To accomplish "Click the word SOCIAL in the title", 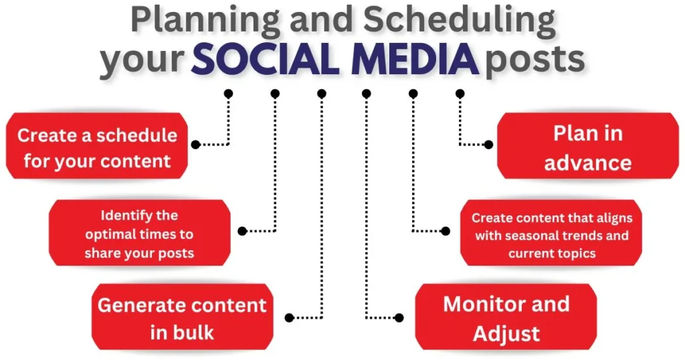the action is pyautogui.click(x=266, y=59).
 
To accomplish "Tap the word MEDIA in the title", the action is pyautogui.click(x=415, y=59).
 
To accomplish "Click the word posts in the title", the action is pyautogui.click(x=535, y=60).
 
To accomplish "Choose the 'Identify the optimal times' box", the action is pyautogui.click(x=139, y=233).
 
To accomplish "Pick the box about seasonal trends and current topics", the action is pyautogui.click(x=551, y=233).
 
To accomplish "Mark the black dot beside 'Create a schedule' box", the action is pyautogui.click(x=196, y=145).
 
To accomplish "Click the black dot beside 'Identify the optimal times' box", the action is pyautogui.click(x=242, y=231).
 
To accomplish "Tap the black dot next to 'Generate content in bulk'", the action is pyautogui.click(x=289, y=318).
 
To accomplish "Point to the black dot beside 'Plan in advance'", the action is pyautogui.click(x=489, y=145).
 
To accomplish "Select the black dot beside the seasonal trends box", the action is pyautogui.click(x=446, y=231).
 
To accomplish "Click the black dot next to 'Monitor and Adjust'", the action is pyautogui.click(x=399, y=318).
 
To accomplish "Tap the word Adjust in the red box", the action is pyautogui.click(x=506, y=334).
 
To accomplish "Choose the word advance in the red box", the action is pyautogui.click(x=588, y=163).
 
